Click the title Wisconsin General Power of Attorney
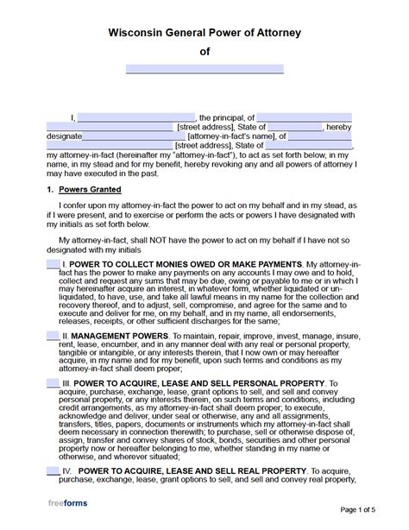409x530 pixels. tap(204, 33)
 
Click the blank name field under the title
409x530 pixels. tap(204, 68)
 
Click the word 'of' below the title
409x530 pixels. tap(204, 51)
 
